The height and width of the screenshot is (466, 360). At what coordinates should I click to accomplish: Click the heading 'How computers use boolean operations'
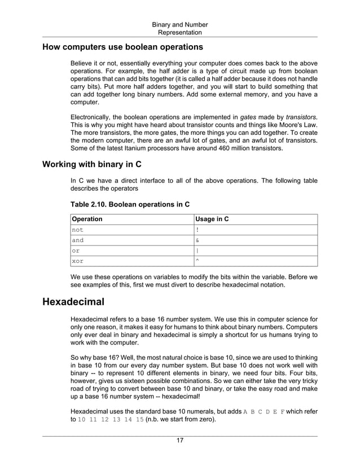[123, 46]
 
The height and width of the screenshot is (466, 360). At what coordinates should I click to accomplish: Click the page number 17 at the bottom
[180, 441]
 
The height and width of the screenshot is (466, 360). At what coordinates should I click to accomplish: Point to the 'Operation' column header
[87, 219]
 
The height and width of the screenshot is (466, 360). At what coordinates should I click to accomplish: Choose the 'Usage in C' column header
[212, 219]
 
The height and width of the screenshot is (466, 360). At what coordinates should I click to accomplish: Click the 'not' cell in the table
[77, 230]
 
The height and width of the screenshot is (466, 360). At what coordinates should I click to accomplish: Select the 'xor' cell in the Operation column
[77, 261]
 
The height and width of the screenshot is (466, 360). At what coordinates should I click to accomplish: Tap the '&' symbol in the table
[197, 240]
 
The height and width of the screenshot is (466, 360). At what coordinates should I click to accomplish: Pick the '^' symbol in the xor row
[197, 260]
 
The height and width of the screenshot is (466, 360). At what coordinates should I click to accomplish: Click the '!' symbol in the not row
[197, 230]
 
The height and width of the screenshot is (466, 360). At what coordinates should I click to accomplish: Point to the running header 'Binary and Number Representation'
[180, 28]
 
